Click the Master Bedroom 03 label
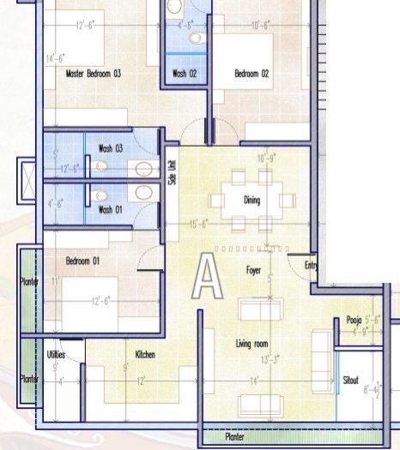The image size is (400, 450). click(x=94, y=74)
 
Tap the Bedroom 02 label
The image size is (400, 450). click(x=252, y=75)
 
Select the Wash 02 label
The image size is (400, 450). click(x=185, y=74)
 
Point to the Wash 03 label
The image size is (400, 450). click(x=111, y=148)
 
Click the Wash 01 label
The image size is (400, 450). click(x=111, y=208)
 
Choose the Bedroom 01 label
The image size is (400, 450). click(x=83, y=261)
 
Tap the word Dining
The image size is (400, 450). click(x=252, y=201)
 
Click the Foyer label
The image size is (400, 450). click(x=253, y=270)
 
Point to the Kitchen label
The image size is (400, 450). click(x=145, y=353)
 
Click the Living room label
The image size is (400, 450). click(x=253, y=345)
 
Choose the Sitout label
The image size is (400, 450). click(x=351, y=381)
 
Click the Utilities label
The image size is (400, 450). click(x=55, y=353)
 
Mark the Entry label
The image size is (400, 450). click(x=311, y=266)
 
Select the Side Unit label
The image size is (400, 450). click(x=173, y=173)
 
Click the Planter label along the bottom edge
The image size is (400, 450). click(x=234, y=436)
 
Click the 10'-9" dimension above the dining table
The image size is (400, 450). click(x=268, y=159)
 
